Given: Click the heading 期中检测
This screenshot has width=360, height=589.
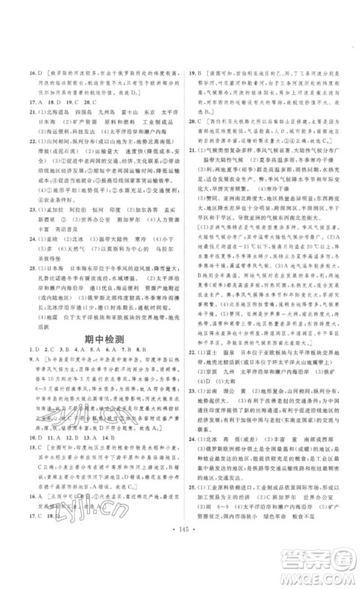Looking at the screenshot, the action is pos(102,342).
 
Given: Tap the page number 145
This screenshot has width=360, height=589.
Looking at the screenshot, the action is pos(180,571).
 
